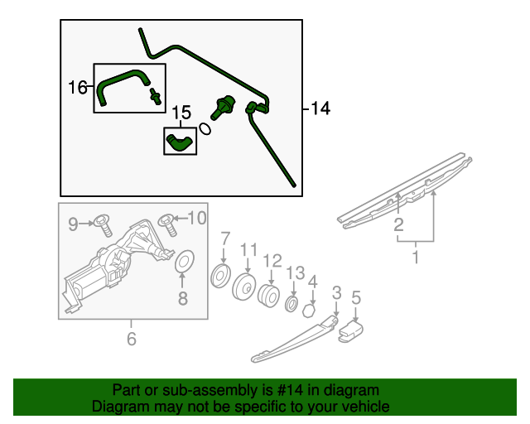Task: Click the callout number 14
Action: click(320, 108)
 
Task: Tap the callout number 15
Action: click(181, 111)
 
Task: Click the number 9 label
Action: click(73, 223)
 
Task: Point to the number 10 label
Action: click(195, 218)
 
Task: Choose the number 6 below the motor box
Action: click(130, 338)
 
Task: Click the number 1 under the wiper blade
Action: click(416, 258)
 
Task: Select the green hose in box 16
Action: click(123, 84)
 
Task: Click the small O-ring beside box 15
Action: click(204, 129)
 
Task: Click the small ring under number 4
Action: click(308, 311)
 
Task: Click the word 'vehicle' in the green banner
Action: click(363, 407)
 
